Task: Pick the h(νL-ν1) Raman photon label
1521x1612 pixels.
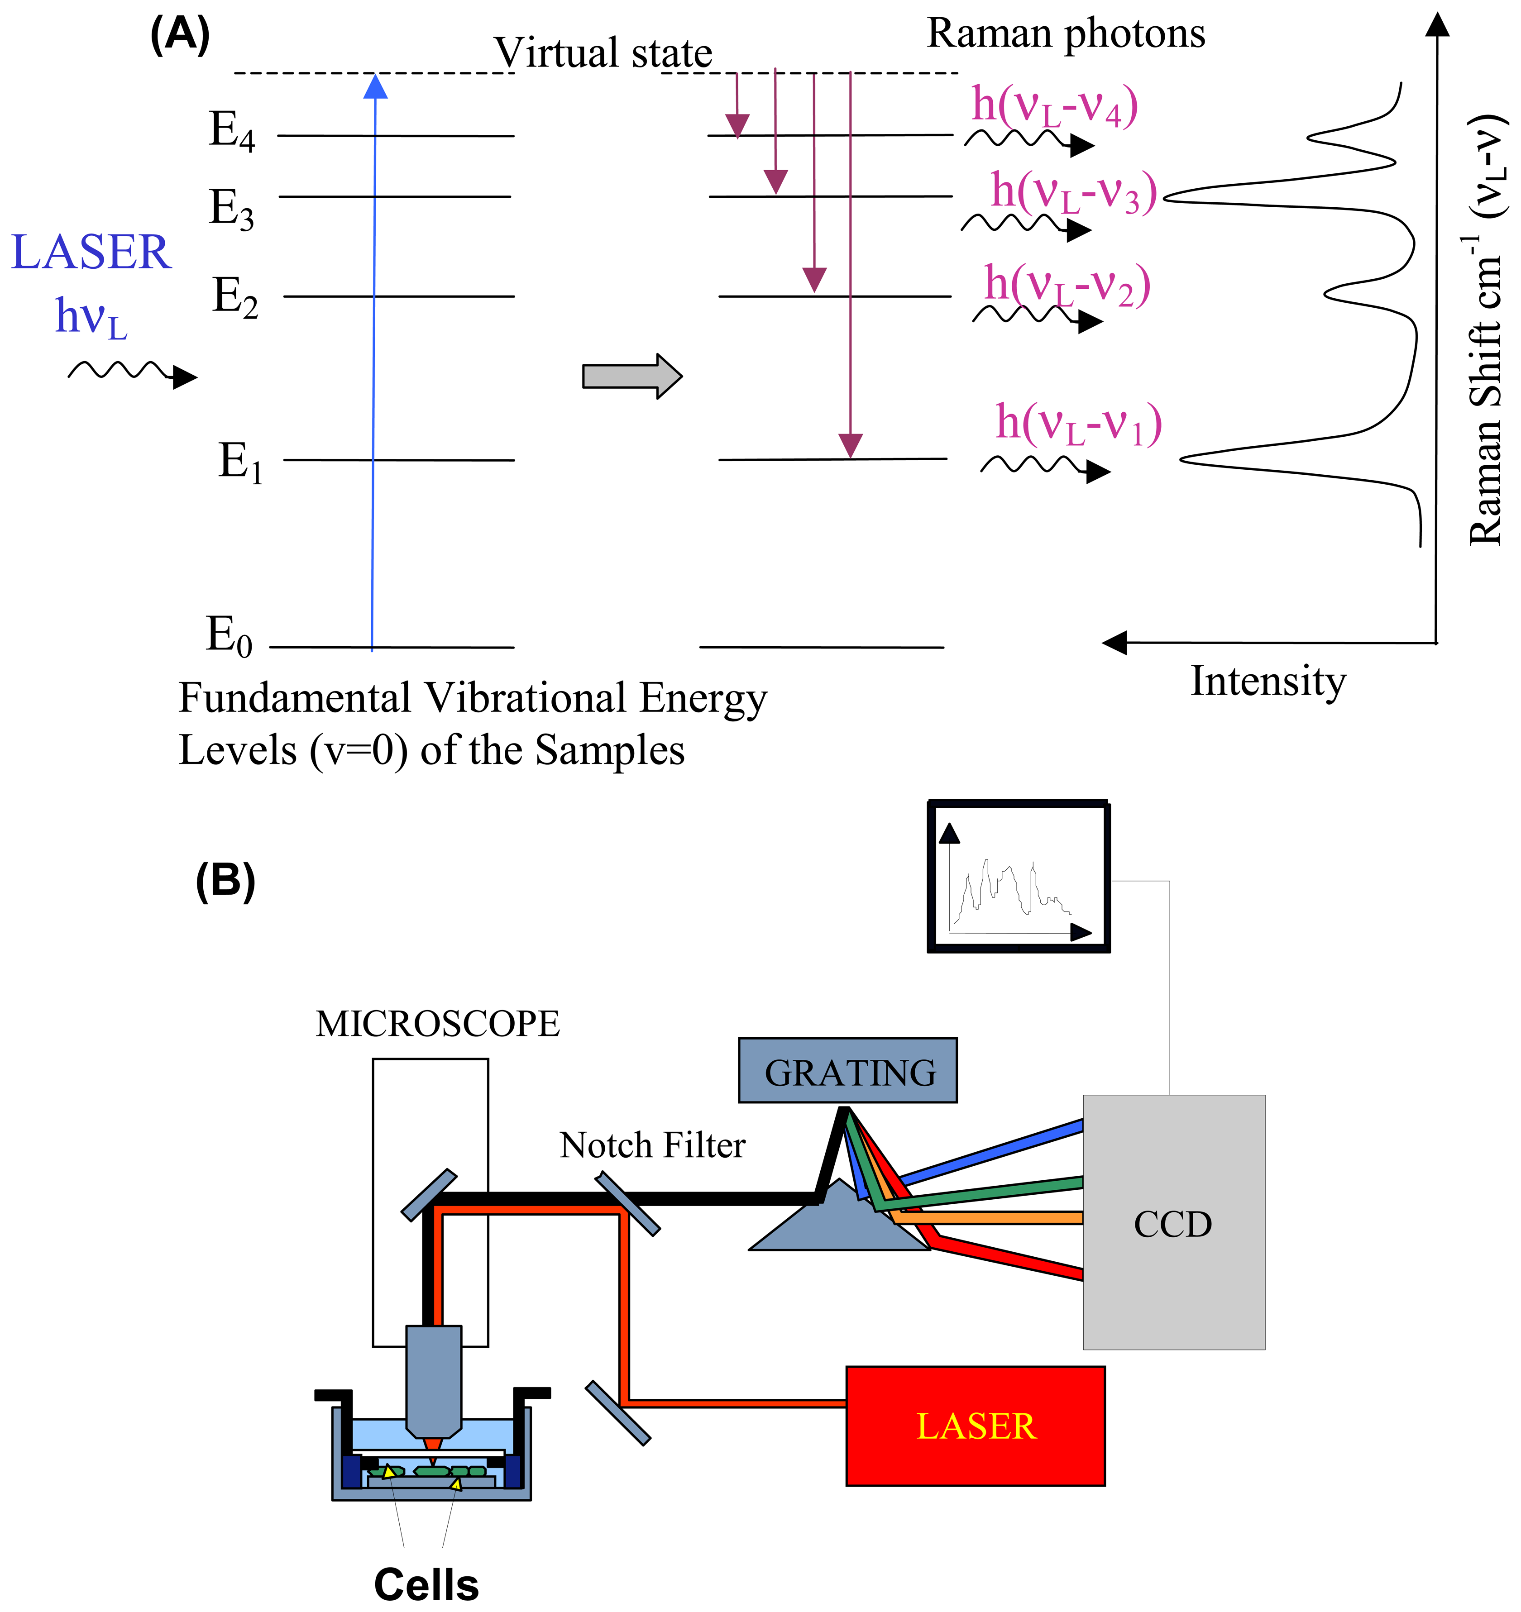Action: click(x=1078, y=423)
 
